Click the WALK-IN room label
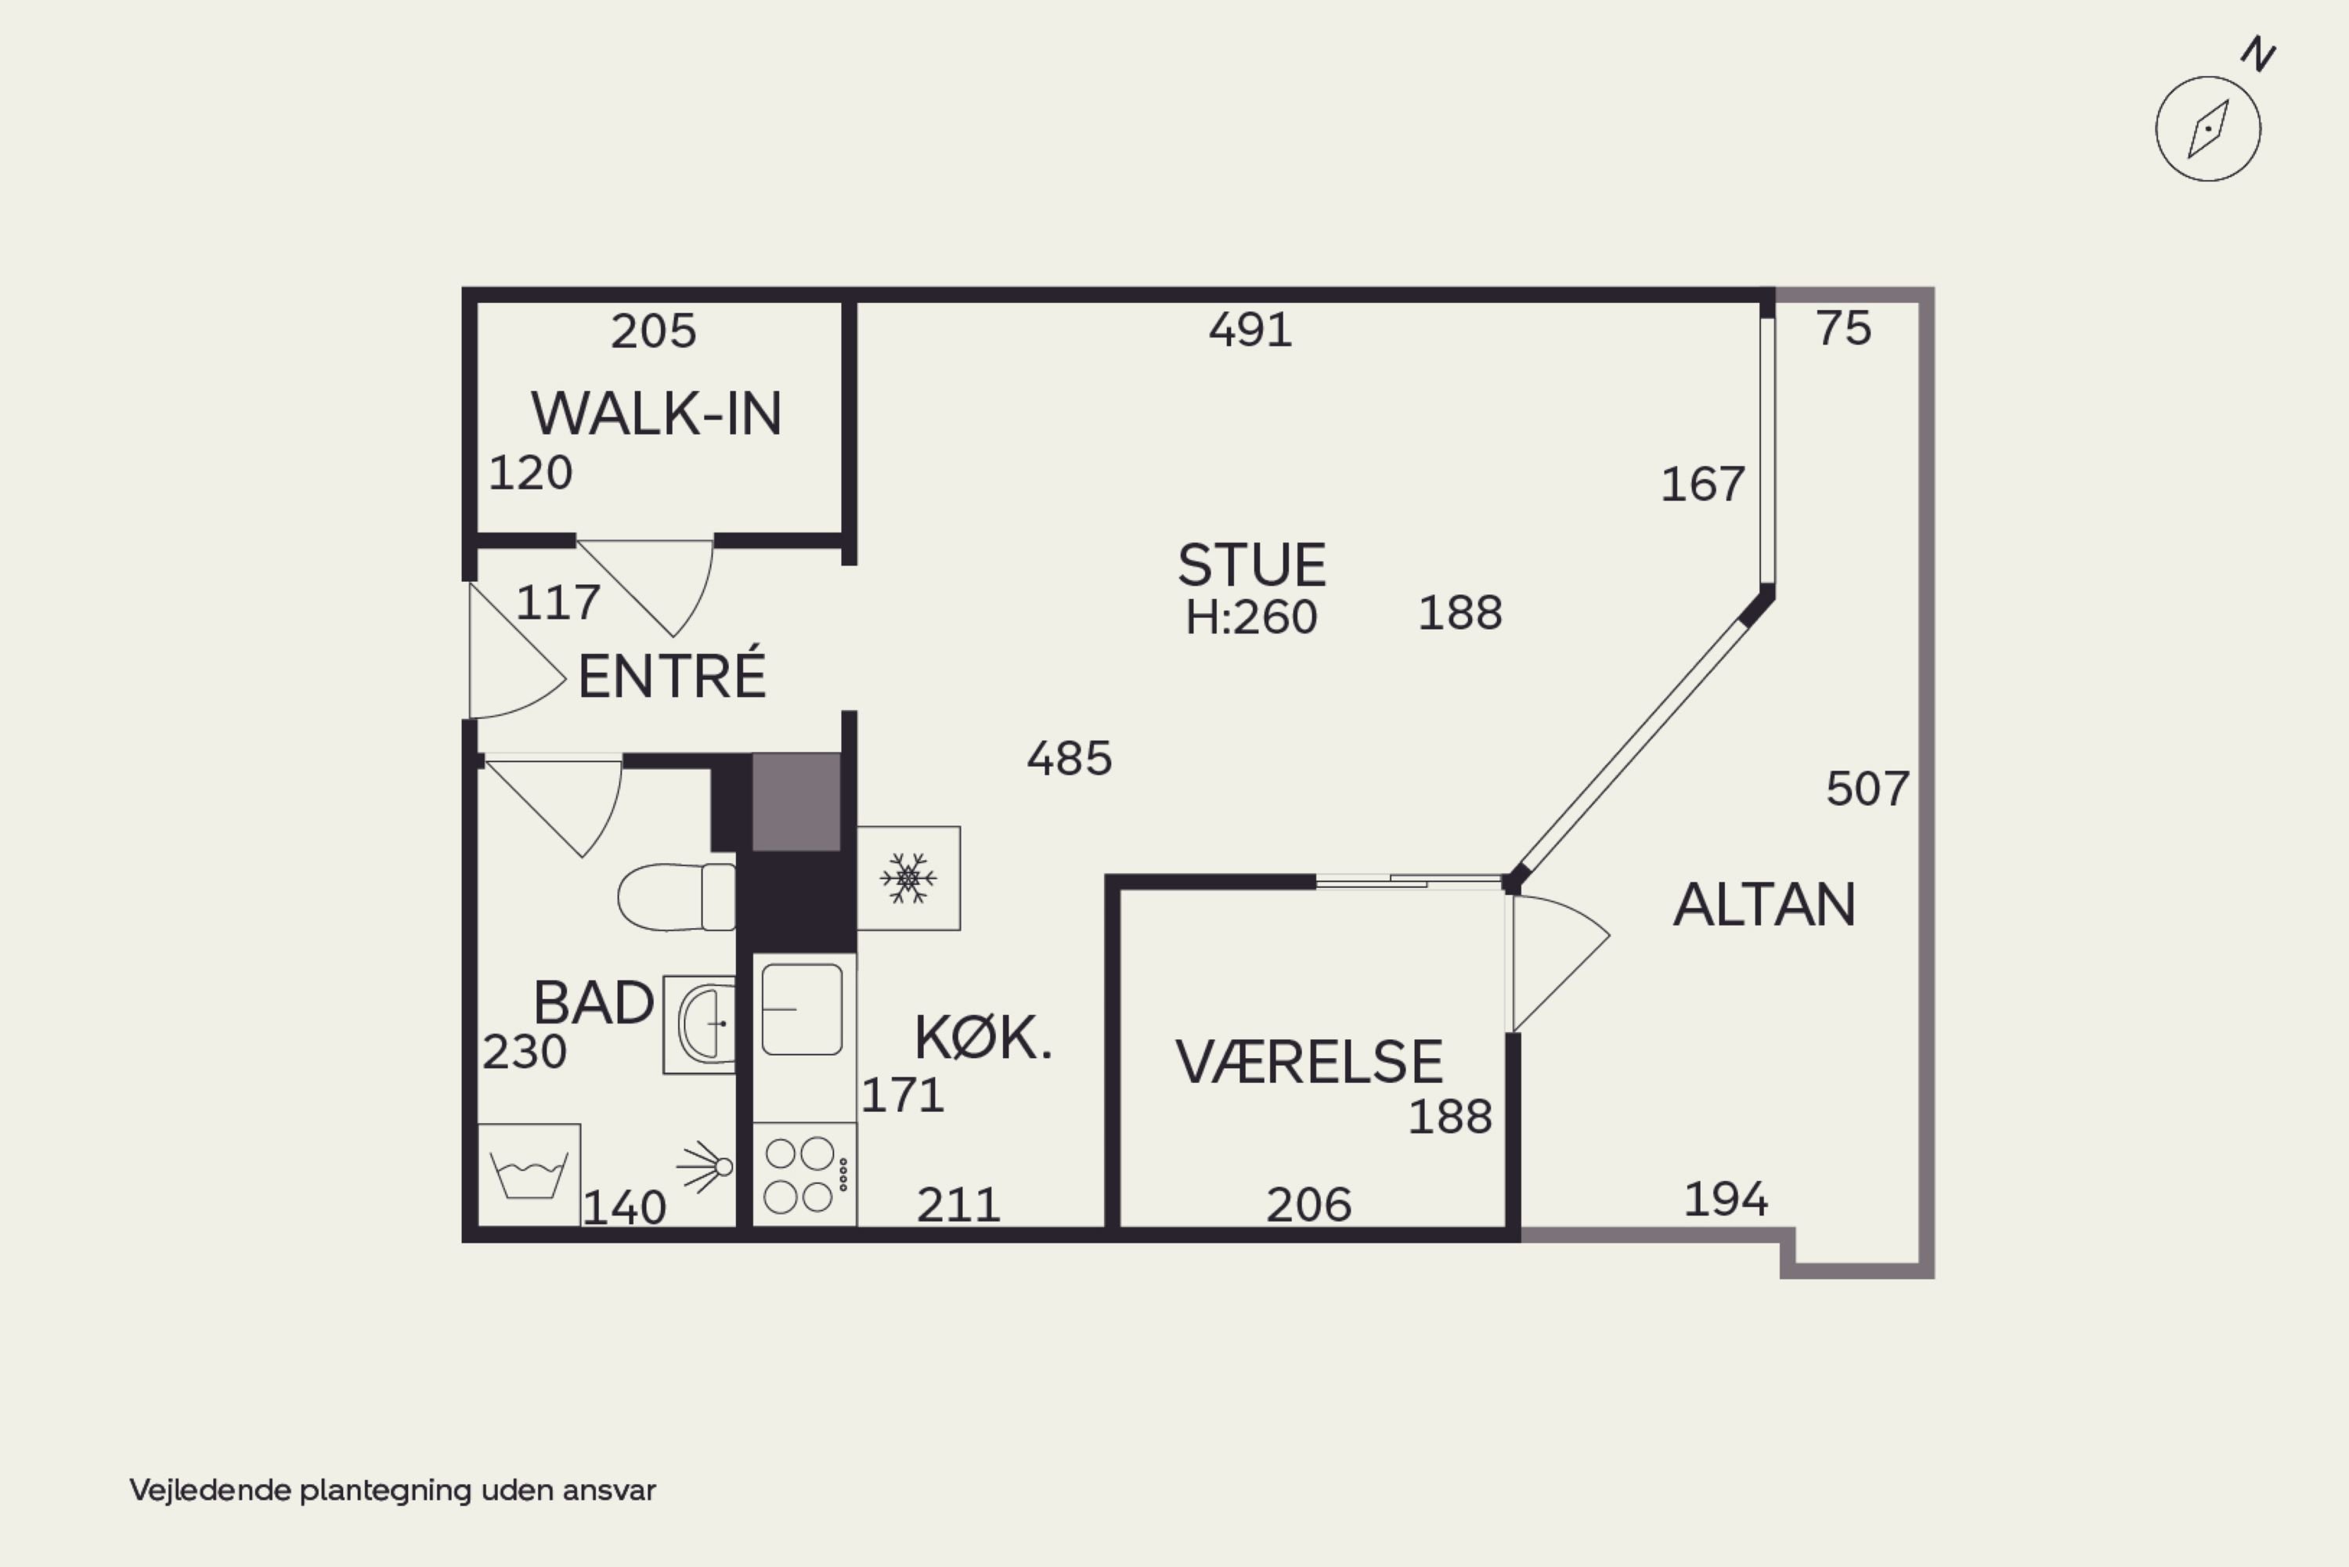click(655, 413)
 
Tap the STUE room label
click(1252, 565)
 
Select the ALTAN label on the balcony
click(1765, 905)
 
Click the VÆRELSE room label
click(1309, 1061)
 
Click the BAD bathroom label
click(594, 1002)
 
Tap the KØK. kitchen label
click(983, 1038)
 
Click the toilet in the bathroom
click(677, 897)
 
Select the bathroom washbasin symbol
click(699, 1024)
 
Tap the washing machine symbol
click(529, 1174)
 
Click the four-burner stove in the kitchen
click(804, 1174)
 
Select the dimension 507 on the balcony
click(1867, 789)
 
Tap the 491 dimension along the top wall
click(1250, 330)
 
